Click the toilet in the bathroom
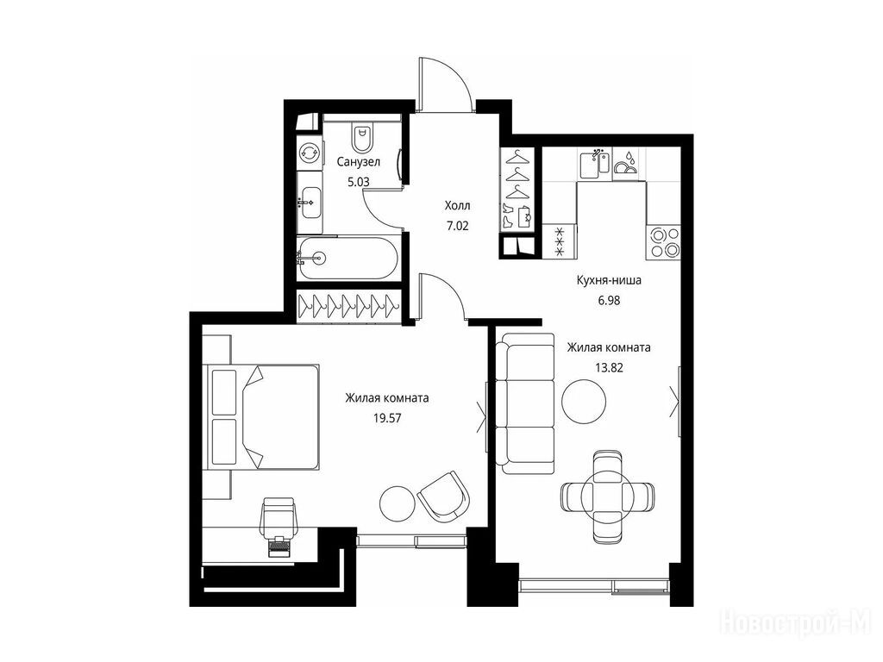(x=362, y=135)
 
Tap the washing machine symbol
(x=309, y=152)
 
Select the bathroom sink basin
(x=310, y=202)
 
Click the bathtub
(x=348, y=259)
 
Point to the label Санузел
(x=359, y=162)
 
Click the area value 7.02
(x=457, y=227)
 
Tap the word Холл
(x=457, y=205)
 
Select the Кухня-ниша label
(x=609, y=280)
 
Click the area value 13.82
(x=609, y=367)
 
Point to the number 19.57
(x=387, y=418)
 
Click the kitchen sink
(x=595, y=163)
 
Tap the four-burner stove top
(x=663, y=241)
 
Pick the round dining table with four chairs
(x=608, y=496)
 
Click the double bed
(x=263, y=416)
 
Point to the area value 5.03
(x=358, y=182)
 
